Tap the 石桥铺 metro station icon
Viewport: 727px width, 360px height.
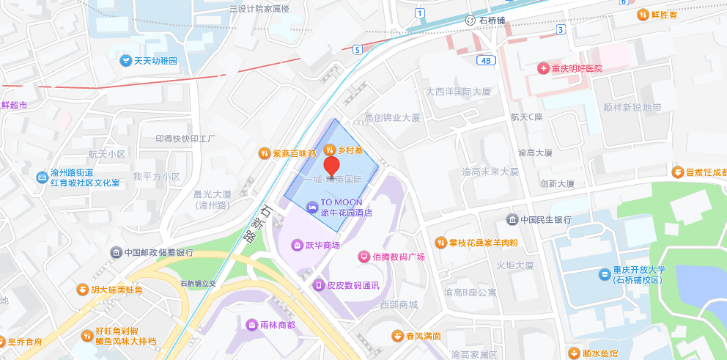470,20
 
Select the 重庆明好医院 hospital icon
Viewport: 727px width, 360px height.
543,68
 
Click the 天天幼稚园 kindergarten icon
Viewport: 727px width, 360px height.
125,60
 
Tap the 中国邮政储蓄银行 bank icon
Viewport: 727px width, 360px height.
116,253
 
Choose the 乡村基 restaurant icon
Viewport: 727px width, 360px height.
329,149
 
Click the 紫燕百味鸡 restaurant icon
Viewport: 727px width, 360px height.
264,153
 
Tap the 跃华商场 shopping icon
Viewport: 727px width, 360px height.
297,245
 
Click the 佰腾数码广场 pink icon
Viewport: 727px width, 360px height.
363,257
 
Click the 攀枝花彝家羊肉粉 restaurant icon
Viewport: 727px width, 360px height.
440,242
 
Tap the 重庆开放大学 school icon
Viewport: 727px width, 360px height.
604,274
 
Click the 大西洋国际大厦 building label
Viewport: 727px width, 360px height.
458,92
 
